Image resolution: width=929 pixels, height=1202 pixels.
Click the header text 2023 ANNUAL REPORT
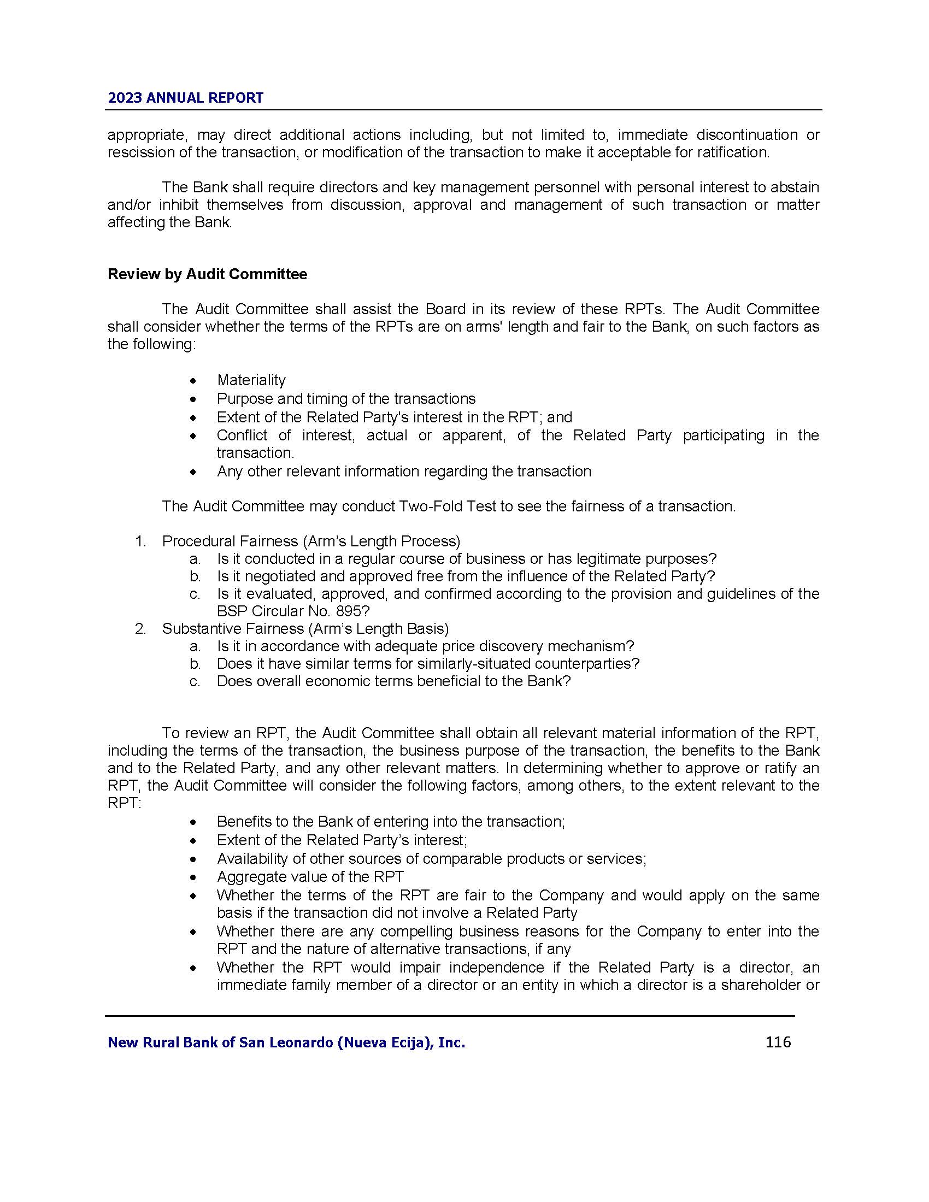(x=185, y=98)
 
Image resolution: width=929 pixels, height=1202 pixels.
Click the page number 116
(x=778, y=1042)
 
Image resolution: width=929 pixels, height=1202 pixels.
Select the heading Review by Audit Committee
(x=207, y=274)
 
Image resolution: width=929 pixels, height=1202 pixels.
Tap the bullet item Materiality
(x=251, y=380)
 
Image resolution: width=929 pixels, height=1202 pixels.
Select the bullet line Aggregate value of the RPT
(x=310, y=877)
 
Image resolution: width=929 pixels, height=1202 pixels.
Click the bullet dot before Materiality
(x=192, y=381)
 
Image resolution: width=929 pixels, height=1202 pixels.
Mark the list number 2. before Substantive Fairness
(x=140, y=628)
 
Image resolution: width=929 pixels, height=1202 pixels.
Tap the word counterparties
(x=587, y=663)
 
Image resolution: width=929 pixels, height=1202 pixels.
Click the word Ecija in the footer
(x=409, y=1042)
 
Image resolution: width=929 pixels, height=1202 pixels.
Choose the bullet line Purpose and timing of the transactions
(x=345, y=398)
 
